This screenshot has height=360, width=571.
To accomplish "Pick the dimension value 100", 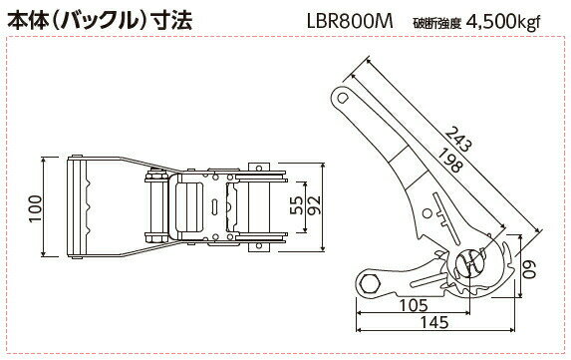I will click(x=36, y=204).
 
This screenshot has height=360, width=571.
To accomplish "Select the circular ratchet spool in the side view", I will click(x=472, y=262).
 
